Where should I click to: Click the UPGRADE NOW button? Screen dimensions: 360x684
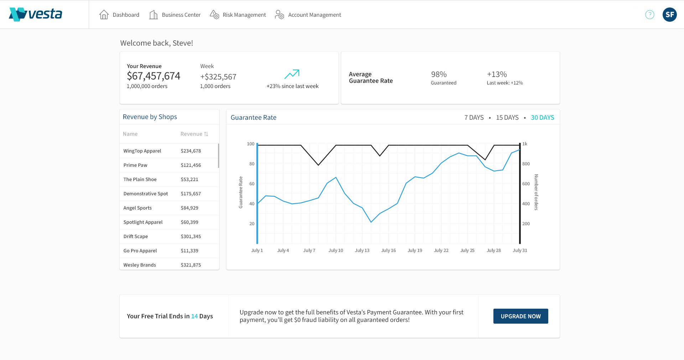(x=520, y=316)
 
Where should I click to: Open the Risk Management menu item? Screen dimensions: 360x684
(x=238, y=15)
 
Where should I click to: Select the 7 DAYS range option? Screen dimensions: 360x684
(x=474, y=118)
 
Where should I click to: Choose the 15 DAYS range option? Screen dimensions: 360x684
(x=507, y=118)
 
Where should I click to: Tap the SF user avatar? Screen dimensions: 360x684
(x=669, y=15)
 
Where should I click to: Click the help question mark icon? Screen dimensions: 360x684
(x=649, y=15)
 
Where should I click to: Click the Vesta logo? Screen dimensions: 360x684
(x=36, y=14)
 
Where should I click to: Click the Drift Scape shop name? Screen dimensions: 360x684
(x=135, y=236)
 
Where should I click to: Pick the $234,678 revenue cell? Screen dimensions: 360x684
(x=191, y=151)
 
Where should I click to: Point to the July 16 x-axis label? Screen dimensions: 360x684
(x=388, y=251)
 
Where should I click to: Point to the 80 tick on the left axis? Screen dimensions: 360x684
(x=252, y=164)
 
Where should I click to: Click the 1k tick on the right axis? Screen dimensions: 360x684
(x=525, y=144)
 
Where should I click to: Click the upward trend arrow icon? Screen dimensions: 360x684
(x=292, y=74)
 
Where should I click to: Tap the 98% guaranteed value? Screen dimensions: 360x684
(x=439, y=74)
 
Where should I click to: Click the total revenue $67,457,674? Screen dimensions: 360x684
(x=154, y=76)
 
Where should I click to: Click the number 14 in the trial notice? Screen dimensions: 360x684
(x=194, y=316)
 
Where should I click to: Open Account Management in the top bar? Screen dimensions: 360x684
(x=308, y=15)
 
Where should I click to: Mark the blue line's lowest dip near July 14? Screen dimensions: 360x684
(x=371, y=222)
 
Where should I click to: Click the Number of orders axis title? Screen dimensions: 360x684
(x=536, y=192)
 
